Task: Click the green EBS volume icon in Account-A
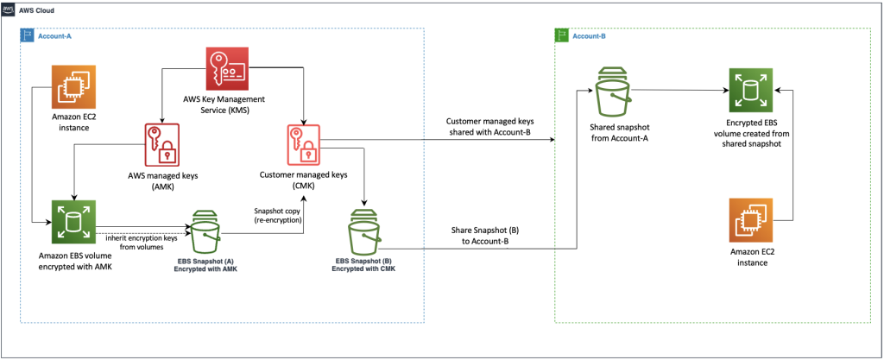[x=73, y=223]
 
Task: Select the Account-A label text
[x=55, y=37]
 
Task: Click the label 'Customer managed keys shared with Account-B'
[x=489, y=126]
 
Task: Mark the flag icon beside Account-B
[x=563, y=35]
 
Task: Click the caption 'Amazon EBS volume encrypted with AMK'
[x=74, y=262]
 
